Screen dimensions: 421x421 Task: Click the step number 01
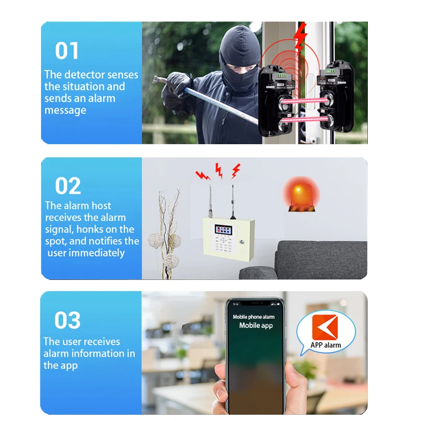pos(67,51)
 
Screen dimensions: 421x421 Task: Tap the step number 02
pos(68,186)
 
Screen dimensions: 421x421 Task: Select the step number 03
pos(67,320)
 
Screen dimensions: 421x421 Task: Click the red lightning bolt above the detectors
pos(300,36)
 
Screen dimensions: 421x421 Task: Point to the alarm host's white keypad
pos(226,245)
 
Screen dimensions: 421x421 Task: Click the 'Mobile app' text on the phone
pos(256,325)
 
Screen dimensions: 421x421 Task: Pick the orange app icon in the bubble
pos(325,327)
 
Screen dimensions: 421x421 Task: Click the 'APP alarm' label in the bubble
pos(326,345)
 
